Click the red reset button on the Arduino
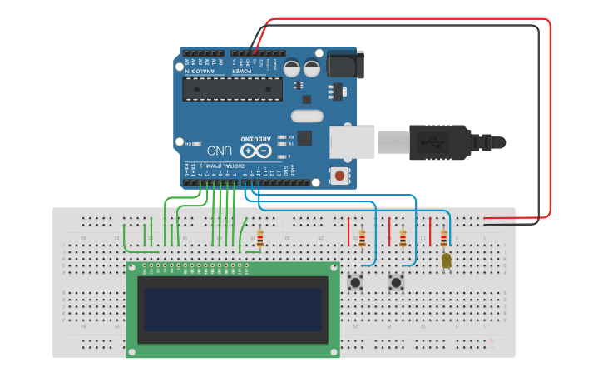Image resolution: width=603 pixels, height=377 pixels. tap(339, 176)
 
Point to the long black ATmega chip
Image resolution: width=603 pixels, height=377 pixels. tap(232, 88)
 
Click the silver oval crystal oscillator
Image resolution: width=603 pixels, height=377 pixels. tap(306, 117)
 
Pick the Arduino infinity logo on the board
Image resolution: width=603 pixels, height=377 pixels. tap(256, 151)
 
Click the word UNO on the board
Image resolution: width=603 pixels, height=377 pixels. tap(220, 151)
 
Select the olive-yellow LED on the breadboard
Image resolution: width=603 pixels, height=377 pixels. tap(447, 260)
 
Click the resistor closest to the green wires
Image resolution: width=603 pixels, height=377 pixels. tap(259, 239)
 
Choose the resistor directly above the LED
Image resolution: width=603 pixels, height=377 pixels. tap(443, 239)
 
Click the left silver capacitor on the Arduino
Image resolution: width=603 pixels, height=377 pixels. tap(293, 67)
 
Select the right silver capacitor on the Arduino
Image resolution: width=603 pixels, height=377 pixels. tap(312, 67)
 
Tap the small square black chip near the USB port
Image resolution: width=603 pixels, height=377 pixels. tap(304, 138)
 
